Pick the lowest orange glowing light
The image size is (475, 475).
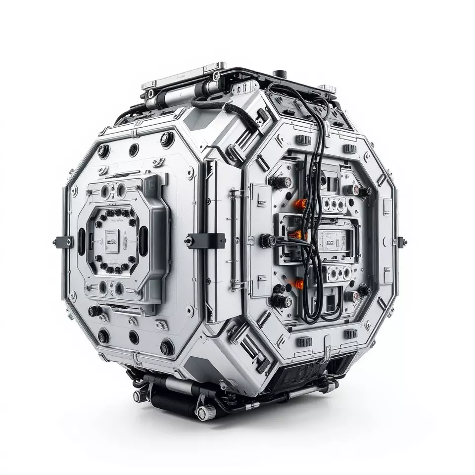click(299, 284)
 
